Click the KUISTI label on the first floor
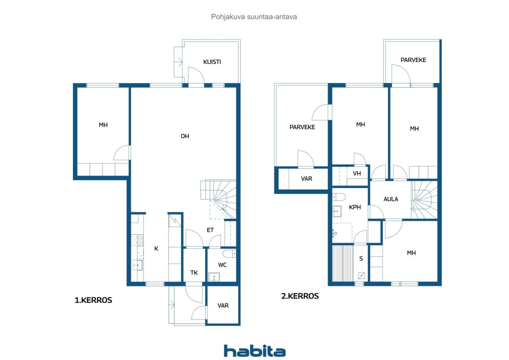[212, 62]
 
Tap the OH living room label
[185, 136]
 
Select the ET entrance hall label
[210, 230]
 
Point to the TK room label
[194, 273]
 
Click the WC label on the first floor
[222, 265]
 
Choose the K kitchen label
[156, 249]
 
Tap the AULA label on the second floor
[390, 199]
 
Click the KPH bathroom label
[355, 207]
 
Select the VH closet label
[357, 174]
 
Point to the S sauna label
[361, 259]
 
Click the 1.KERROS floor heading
[93, 300]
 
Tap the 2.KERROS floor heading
[300, 296]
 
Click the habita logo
[254, 351]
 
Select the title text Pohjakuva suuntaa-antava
[254, 17]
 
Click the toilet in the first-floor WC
[229, 254]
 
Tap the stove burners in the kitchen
[137, 240]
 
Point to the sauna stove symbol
[361, 276]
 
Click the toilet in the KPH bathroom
[339, 197]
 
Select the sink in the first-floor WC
[214, 277]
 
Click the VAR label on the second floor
[307, 179]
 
